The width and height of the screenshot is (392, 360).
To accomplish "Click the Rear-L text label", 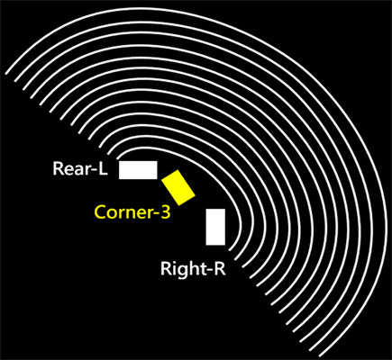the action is pos(80,168).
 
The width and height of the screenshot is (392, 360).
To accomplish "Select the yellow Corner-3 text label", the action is pos(132,212).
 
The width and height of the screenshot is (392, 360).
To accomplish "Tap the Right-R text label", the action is pos(193,268).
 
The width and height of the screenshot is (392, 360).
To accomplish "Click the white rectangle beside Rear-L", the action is pos(138,170).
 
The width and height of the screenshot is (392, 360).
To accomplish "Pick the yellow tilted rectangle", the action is pos(178,188).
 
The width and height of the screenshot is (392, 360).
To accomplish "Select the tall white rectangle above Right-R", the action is pos(215,227).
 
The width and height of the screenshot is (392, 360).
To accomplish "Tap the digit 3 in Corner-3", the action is pos(166,212).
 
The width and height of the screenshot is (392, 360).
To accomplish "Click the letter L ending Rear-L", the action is pos(103,169).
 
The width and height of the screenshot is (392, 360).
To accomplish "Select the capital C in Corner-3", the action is pos(100,212).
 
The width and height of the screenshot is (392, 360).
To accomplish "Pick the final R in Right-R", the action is pos(221,268).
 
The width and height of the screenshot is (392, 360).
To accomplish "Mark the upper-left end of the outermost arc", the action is pos(6,74).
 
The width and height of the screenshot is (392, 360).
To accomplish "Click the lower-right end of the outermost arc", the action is pos(320,355).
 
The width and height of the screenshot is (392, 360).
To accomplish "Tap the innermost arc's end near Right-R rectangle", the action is pos(230,250).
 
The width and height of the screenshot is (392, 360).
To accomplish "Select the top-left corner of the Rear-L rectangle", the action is pos(119,161).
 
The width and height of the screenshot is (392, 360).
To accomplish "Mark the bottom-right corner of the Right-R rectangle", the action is pos(225,245).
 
